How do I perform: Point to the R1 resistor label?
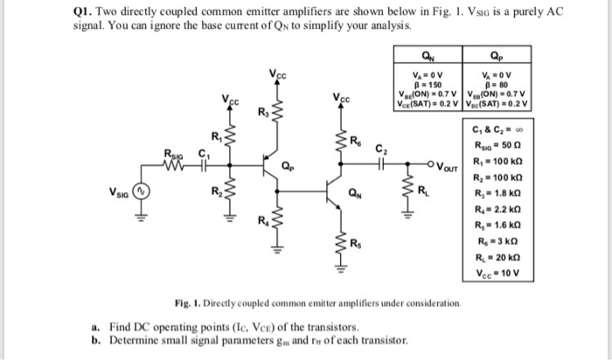tap(217, 135)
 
